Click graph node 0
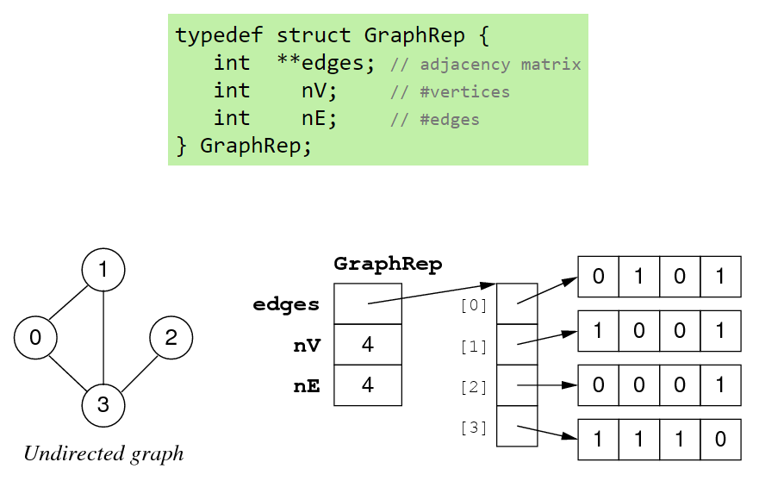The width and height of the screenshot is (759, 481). tap(35, 338)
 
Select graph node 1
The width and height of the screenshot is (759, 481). tap(103, 271)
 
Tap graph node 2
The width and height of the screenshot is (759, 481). tap(171, 338)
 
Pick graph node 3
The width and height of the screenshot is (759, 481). tap(103, 404)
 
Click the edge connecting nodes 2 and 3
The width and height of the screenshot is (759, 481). tap(138, 372)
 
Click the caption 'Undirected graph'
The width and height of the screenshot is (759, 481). tap(103, 453)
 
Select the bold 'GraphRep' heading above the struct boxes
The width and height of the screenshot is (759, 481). tap(388, 265)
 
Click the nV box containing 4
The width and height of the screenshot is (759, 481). tap(368, 345)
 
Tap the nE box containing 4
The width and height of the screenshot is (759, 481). tap(368, 385)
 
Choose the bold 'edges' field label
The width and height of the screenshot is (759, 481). tap(286, 304)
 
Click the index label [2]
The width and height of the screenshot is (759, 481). tap(474, 387)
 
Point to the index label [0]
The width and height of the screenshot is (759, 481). tap(474, 304)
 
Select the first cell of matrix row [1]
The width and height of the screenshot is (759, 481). tap(598, 331)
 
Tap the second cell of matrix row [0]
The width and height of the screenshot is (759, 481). tap(639, 277)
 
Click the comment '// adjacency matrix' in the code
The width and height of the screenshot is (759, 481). tap(485, 65)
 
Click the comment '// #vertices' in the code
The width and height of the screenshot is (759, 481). tap(450, 92)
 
